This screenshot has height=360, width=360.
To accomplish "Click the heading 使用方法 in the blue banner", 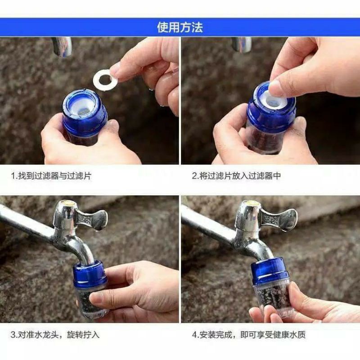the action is point(180,27).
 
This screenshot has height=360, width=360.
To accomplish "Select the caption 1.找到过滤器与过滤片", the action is point(51,176).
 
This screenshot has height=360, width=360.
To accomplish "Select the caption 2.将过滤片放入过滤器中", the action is point(237,176).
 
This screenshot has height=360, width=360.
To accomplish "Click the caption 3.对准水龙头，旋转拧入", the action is point(55,334).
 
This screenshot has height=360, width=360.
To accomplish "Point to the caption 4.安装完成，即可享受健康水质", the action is point(249,334).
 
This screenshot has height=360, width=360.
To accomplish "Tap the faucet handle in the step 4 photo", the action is point(279,219).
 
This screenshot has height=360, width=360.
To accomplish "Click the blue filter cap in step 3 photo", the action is point(90,273).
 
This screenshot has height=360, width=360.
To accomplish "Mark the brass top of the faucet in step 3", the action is point(67,203).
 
